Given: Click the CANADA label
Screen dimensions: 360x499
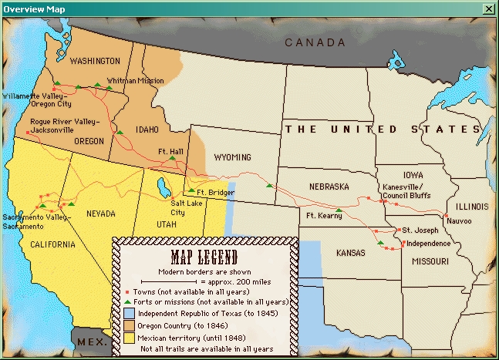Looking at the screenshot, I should point(315,42).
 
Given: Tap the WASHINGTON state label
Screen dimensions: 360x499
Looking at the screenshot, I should point(95,61).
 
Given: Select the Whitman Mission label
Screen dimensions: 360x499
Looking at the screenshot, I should point(133,80).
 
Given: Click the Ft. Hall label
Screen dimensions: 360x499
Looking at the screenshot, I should point(170,150).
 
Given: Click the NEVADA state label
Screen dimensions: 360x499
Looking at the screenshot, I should point(102,214).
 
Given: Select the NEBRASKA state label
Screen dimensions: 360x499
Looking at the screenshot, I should point(329,187).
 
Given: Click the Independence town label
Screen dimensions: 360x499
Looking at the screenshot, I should point(428,243).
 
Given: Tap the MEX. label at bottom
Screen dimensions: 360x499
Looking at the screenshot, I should point(89,341).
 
